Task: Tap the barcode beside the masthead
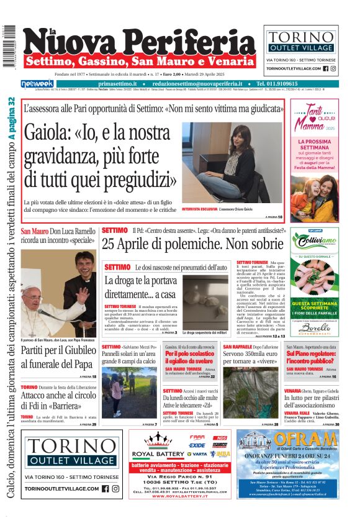pos(9,47)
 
